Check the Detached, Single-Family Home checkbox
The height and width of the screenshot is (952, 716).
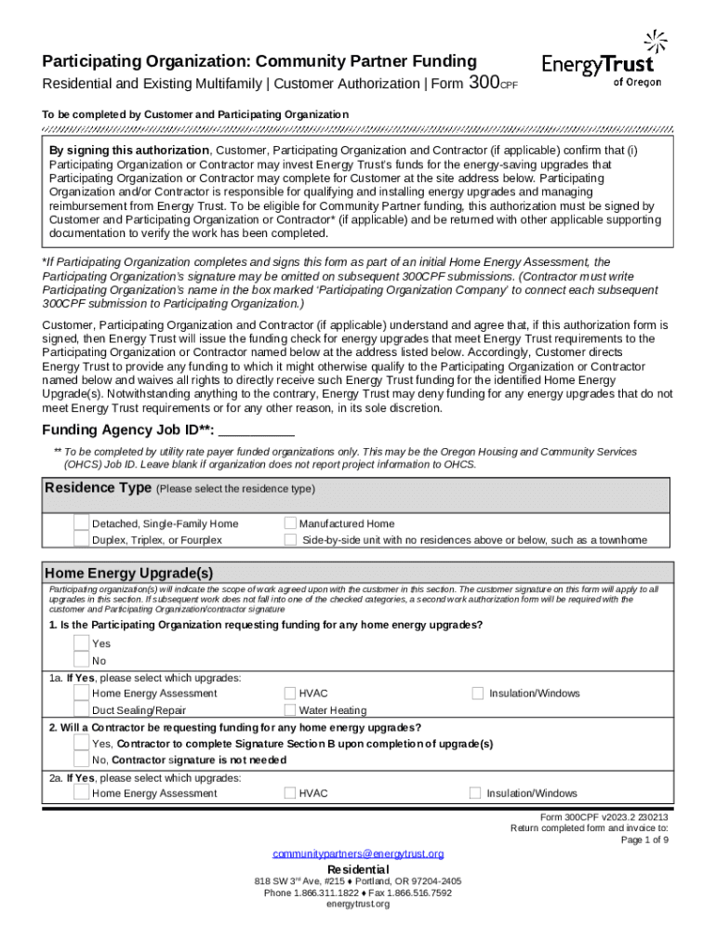point(82,523)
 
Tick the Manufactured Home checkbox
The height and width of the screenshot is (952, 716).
point(291,523)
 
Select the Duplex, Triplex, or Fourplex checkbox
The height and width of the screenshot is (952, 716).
point(82,539)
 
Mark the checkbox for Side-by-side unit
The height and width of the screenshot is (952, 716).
point(291,539)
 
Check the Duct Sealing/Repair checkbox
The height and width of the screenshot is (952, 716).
point(82,709)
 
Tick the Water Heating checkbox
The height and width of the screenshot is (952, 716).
point(291,710)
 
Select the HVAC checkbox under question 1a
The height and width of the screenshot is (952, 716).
point(291,694)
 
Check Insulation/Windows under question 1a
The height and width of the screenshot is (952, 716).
point(478,694)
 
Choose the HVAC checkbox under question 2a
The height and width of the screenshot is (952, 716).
point(291,793)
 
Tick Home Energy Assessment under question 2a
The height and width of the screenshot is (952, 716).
point(82,792)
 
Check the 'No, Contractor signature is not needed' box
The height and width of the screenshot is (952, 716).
point(82,760)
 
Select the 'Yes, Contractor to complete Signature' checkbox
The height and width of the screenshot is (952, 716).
point(82,744)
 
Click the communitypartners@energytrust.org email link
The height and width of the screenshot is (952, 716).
point(358,853)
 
